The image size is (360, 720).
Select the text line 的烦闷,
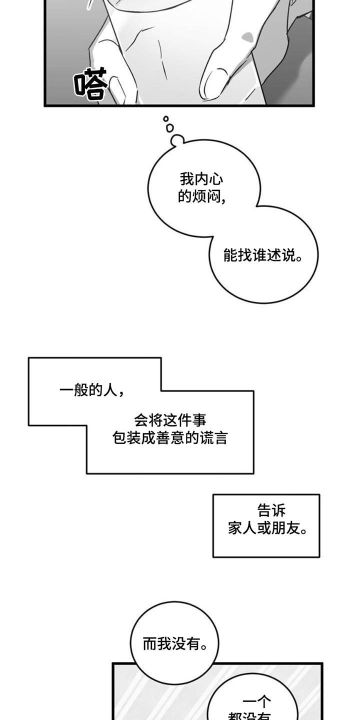click(201, 197)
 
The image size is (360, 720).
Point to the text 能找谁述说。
click(263, 256)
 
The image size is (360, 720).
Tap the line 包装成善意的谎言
click(170, 438)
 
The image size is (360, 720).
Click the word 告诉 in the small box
click(271, 510)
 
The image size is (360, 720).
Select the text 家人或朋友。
click(267, 528)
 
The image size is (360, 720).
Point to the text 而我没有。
click(175, 644)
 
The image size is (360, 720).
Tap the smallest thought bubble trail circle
click(166, 119)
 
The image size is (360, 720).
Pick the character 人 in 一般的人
click(109, 390)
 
